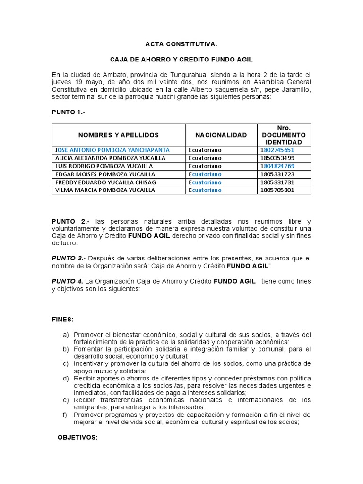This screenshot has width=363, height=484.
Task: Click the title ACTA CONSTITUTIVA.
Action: tap(181, 44)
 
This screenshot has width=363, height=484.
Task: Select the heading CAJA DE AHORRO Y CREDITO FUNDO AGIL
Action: tap(181, 60)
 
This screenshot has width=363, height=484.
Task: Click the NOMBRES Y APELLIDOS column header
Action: tap(119, 135)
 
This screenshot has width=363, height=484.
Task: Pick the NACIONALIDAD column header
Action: tap(221, 135)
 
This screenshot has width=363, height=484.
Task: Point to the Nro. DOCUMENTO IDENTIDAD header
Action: tap(284, 135)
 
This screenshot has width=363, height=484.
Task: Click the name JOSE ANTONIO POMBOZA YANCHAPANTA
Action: tap(112, 150)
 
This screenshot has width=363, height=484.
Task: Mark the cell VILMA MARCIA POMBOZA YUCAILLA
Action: tap(105, 190)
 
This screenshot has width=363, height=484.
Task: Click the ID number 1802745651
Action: tap(277, 150)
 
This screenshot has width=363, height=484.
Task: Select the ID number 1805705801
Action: tap(277, 190)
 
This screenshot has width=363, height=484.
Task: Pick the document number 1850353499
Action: tap(277, 158)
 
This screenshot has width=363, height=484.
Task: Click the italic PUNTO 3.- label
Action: tap(69, 258)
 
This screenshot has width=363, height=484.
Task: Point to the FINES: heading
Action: tap(62, 320)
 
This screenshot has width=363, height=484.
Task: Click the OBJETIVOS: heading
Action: tap(78, 438)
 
